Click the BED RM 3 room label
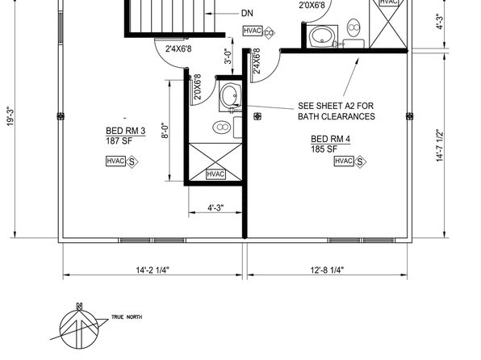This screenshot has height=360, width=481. click(x=125, y=131)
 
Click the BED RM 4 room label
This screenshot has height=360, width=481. click(x=330, y=139)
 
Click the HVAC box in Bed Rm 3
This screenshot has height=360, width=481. click(x=115, y=161)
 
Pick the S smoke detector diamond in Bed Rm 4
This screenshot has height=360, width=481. click(x=360, y=161)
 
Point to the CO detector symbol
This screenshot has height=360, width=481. click(x=269, y=32)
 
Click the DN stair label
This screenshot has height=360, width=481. click(x=247, y=13)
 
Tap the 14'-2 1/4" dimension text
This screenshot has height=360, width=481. click(x=153, y=270)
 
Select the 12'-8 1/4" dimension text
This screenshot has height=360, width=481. click(x=327, y=270)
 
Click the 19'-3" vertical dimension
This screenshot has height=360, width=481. click(x=10, y=116)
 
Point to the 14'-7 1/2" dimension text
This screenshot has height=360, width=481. click(x=440, y=145)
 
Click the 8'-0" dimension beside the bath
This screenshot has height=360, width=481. click(x=165, y=131)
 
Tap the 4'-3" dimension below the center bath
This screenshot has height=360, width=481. click(x=215, y=207)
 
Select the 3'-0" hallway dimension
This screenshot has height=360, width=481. click(x=228, y=57)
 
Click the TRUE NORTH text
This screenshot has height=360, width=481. click(x=127, y=317)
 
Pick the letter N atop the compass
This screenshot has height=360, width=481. click(x=79, y=306)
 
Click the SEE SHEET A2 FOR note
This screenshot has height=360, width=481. click(x=336, y=106)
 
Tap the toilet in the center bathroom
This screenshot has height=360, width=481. click(x=221, y=127)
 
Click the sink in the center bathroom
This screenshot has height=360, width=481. click(x=230, y=96)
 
